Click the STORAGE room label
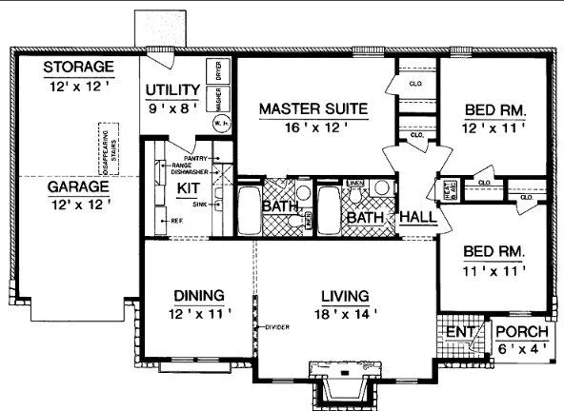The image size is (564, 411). pyautogui.click(x=78, y=68)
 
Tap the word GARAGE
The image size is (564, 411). pyautogui.click(x=78, y=186)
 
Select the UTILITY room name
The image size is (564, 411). pyautogui.click(x=171, y=91)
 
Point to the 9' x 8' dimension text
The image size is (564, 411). pyautogui.click(x=171, y=108)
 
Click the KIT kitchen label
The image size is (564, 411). pyautogui.click(x=187, y=187)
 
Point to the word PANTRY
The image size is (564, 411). pyautogui.click(x=196, y=157)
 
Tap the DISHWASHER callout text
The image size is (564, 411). pyautogui.click(x=191, y=171)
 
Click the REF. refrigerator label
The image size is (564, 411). pyautogui.click(x=176, y=220)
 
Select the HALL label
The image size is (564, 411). pyautogui.click(x=417, y=218)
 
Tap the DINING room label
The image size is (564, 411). pyautogui.click(x=198, y=294)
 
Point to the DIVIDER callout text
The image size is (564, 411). pyautogui.click(x=276, y=327)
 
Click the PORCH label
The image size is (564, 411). pyautogui.click(x=522, y=332)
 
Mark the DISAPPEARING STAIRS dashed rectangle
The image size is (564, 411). pyautogui.click(x=107, y=150)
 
